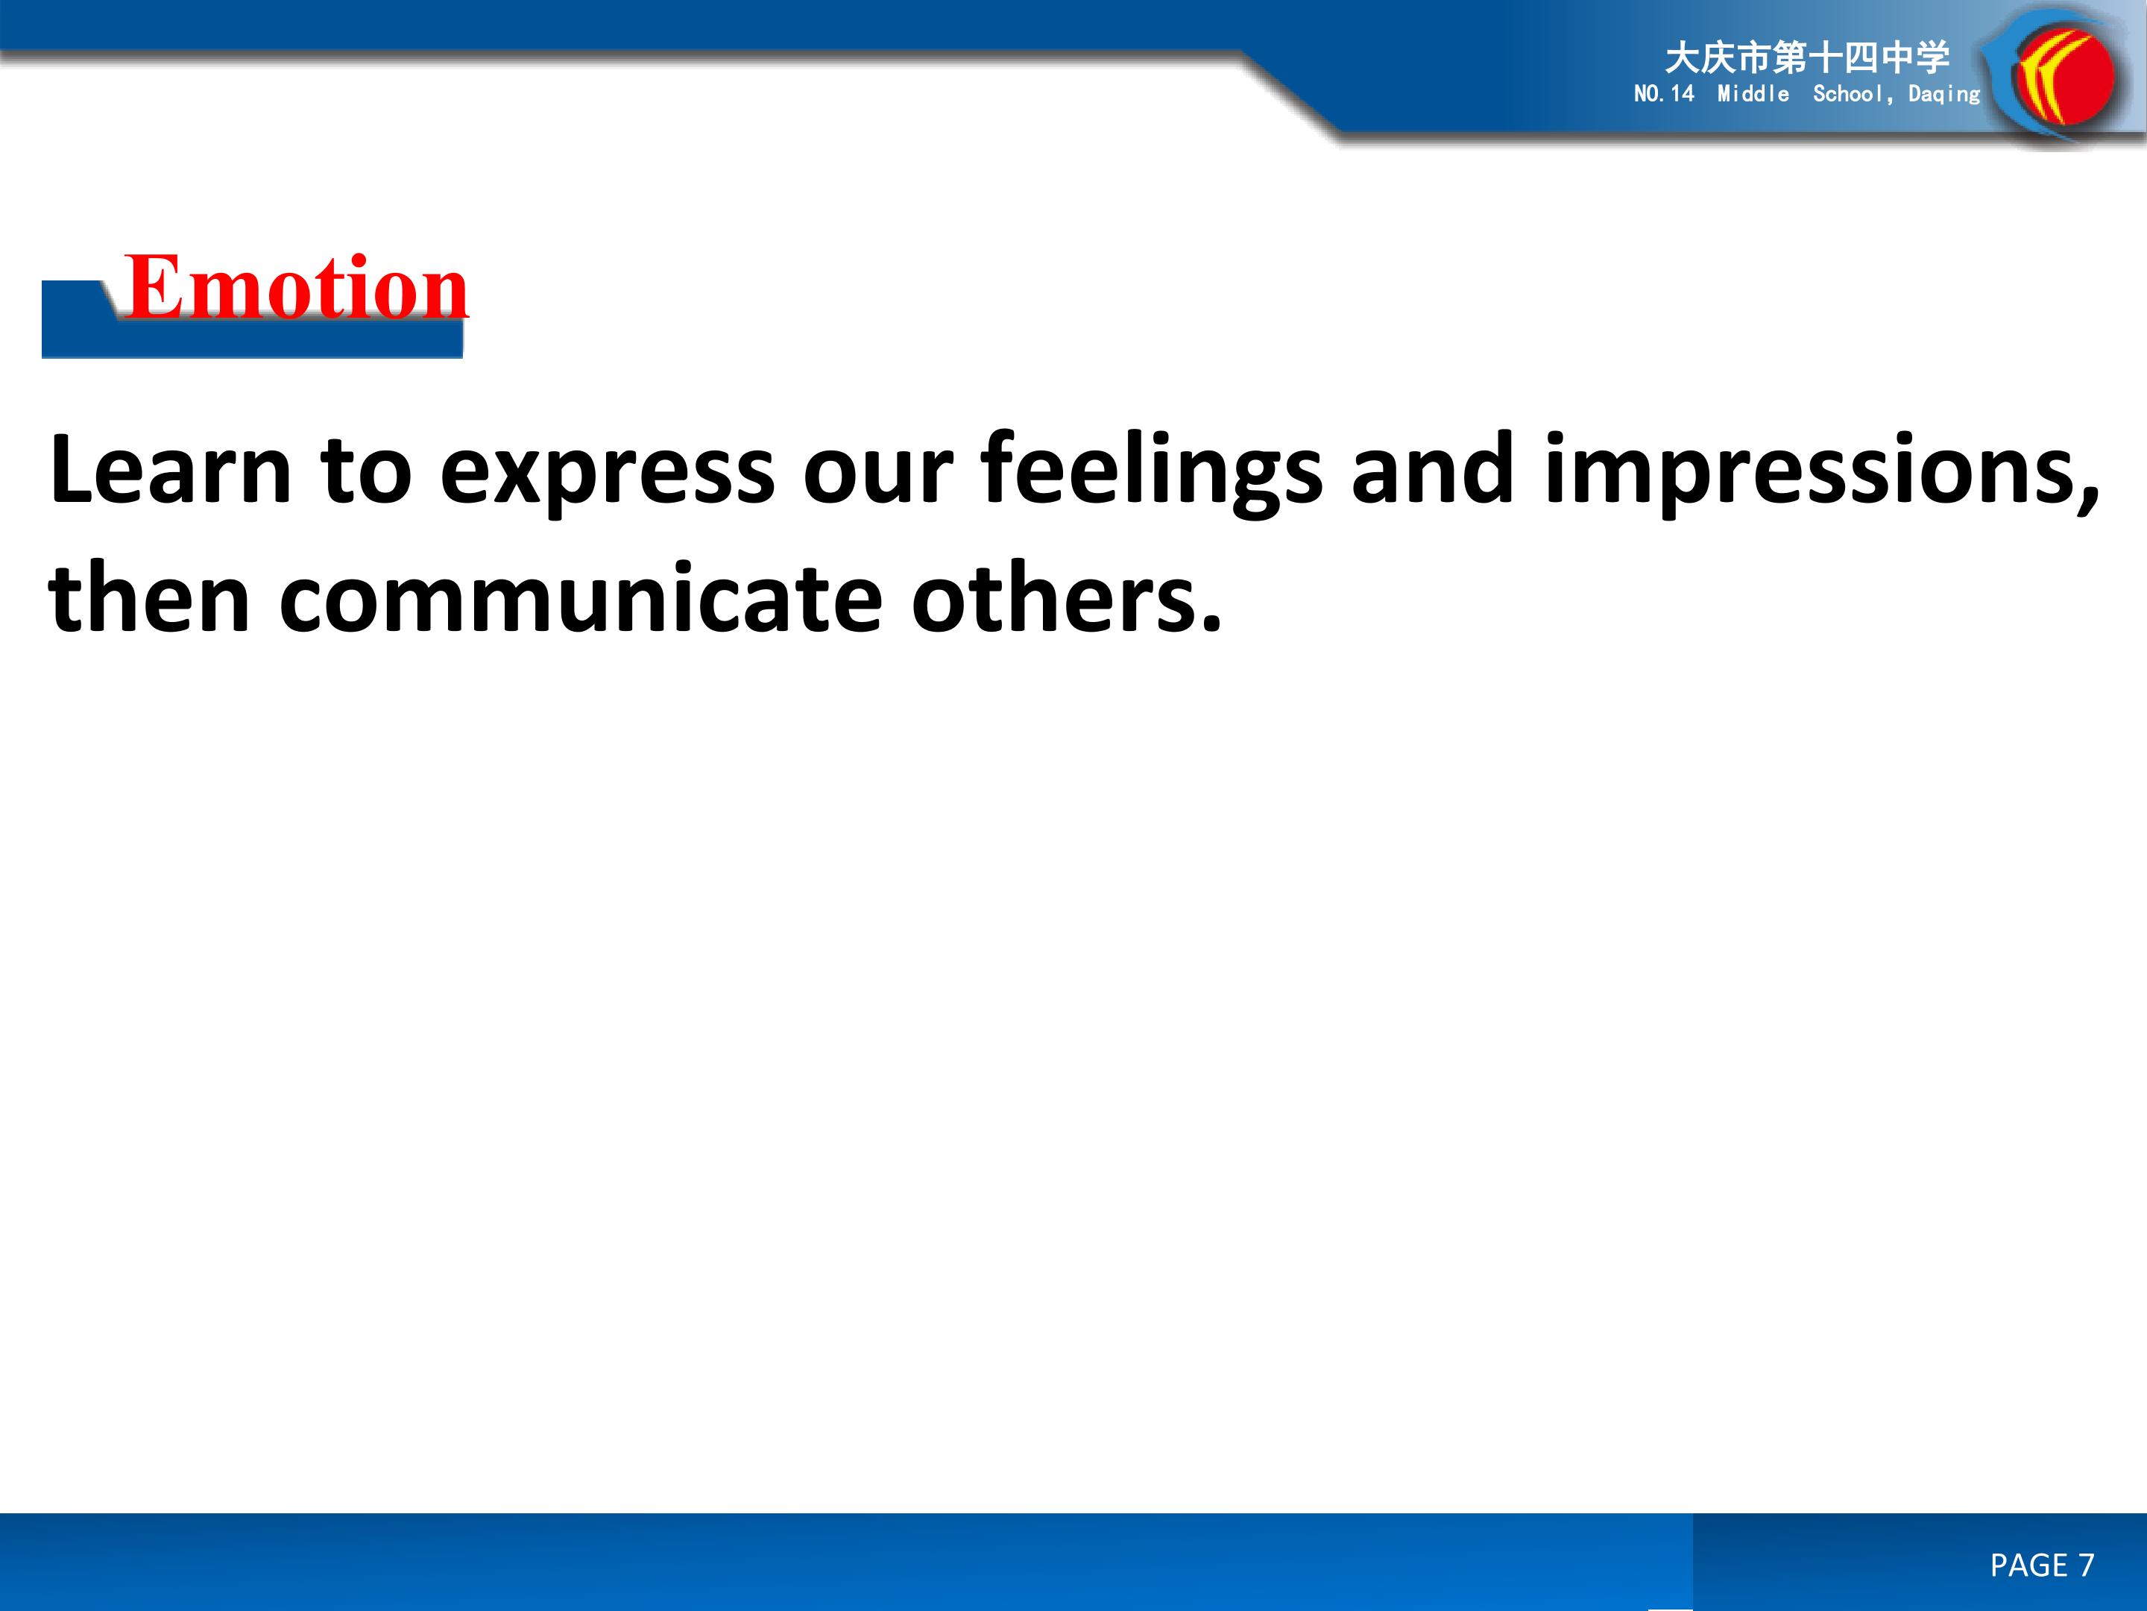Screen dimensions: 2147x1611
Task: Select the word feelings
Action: (x=1152, y=474)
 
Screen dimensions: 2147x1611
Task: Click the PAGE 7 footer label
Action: (x=2042, y=1565)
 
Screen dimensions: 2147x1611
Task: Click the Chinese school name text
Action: (x=1807, y=57)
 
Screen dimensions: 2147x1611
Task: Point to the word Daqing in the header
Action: (x=1944, y=94)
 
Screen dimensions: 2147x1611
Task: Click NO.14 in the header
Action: (x=1664, y=93)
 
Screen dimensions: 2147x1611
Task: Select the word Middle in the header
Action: (x=1753, y=93)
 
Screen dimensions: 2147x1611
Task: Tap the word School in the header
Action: (x=1848, y=93)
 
